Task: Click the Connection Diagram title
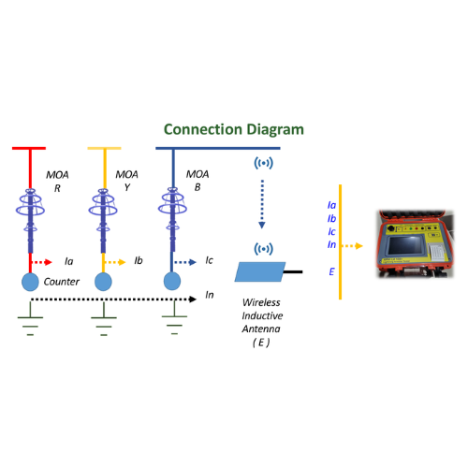tap(234, 129)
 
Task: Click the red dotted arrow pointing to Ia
tap(42, 262)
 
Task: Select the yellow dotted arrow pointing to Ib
tap(115, 262)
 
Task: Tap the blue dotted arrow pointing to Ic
tap(185, 262)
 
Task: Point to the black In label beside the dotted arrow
tap(210, 295)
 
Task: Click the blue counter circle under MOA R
tap(30, 282)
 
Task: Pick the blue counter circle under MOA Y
tap(103, 282)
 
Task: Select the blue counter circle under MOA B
tap(172, 281)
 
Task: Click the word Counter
tap(62, 282)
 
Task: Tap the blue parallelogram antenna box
tap(260, 271)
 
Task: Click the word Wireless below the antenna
tap(261, 302)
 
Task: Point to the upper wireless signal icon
tap(264, 163)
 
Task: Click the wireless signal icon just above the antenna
tap(264, 249)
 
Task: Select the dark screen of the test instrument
tap(404, 245)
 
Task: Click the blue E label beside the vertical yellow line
tap(331, 271)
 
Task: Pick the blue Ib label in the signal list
tap(331, 218)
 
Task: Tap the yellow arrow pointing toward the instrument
tap(353, 246)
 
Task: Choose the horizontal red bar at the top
tap(29, 148)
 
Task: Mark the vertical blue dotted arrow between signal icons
tap(262, 204)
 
